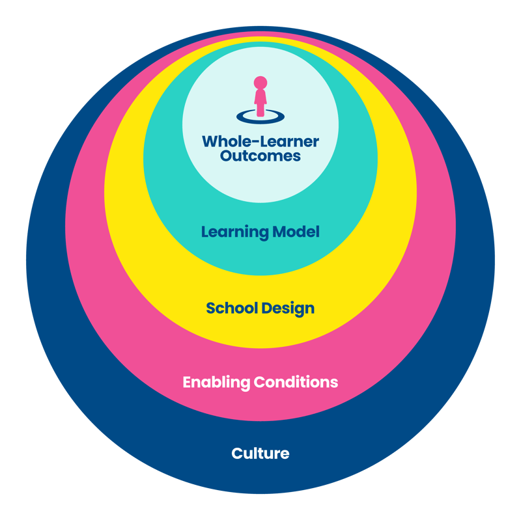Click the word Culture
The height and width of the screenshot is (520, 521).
coord(260,453)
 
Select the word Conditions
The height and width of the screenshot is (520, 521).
coord(295,382)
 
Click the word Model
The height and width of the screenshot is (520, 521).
coord(298,232)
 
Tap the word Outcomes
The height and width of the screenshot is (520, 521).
coord(260,156)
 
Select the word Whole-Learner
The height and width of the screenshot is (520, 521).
coord(260,141)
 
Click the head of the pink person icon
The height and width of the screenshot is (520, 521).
coord(260,83)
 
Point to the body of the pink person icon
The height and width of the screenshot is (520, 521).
coord(260,103)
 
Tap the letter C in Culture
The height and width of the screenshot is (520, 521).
coord(237,453)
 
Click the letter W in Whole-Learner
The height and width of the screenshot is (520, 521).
coord(210,141)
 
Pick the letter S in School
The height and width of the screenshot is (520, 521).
coord(211,308)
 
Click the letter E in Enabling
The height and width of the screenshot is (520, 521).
coord(187,382)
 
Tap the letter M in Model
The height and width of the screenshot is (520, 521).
coord(283,232)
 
